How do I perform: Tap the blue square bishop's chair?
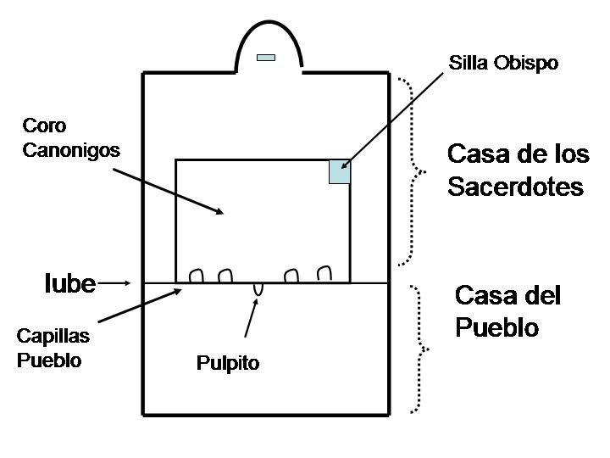pos(340,171)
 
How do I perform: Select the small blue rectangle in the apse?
pos(266,58)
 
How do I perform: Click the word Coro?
pos(45,127)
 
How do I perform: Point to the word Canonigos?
pos(72,151)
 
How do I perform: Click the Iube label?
pos(69,283)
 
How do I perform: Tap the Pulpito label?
pos(228,365)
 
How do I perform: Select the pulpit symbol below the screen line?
pos(258,289)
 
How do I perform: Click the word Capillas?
pos(53,336)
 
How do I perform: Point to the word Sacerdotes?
pos(515,187)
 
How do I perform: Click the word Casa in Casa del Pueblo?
pos(483,296)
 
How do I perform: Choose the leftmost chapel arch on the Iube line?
pos(196,275)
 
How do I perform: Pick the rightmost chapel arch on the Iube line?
pos(323,273)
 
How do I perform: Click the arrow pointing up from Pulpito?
pos(250,318)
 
